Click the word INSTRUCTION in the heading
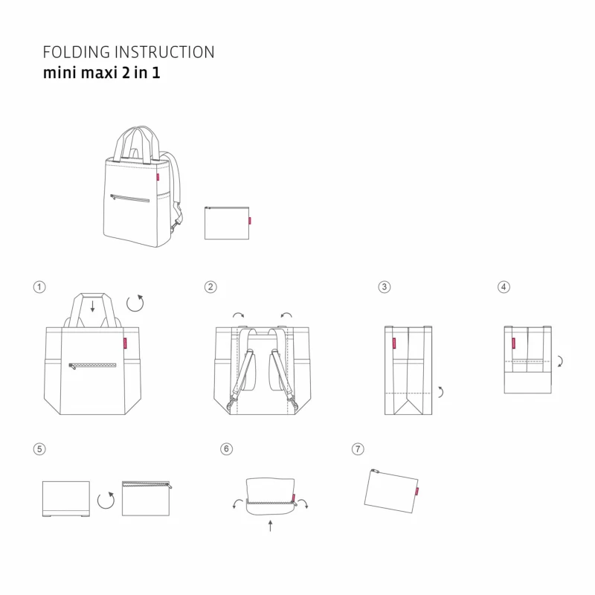(164, 52)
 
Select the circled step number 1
(39, 287)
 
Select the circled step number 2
(211, 287)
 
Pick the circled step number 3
(384, 287)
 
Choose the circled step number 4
(504, 287)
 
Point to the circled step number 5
(39, 449)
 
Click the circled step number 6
(227, 449)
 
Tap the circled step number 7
(358, 449)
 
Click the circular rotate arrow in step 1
(135, 302)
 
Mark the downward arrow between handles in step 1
(92, 305)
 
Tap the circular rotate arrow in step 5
(106, 499)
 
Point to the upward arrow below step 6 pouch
(270, 526)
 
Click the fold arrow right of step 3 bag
(440, 390)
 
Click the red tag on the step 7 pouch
(416, 491)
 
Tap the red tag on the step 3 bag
(393, 343)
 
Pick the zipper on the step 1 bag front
(93, 365)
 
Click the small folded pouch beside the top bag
(227, 223)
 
